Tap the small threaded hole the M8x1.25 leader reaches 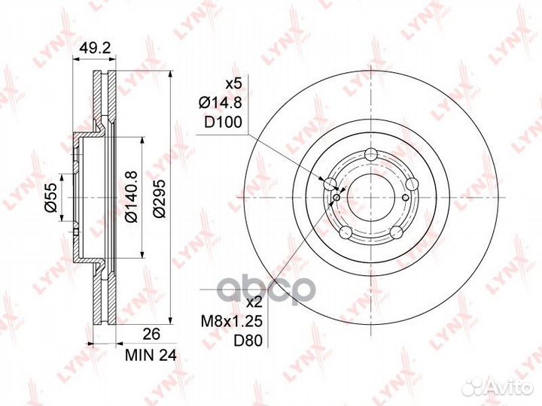[x=336, y=198]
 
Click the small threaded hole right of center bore [x=406, y=198]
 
